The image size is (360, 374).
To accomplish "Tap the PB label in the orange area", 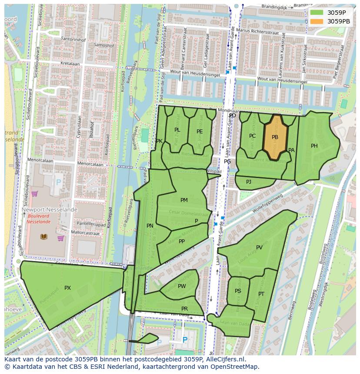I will click(x=275, y=137).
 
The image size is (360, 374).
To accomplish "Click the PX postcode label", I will click(x=67, y=288).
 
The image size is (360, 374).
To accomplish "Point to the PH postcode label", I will click(x=314, y=146).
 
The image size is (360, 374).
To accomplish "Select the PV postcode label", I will click(x=259, y=248).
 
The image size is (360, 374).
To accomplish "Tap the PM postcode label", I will click(x=184, y=200).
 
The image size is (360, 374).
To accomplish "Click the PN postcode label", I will click(x=150, y=226).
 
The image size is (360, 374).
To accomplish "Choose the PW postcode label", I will click(x=182, y=286).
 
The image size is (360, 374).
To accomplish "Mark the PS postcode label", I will click(x=238, y=291).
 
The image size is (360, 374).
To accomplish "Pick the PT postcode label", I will click(x=261, y=294).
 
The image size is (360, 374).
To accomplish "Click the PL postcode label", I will click(x=177, y=130).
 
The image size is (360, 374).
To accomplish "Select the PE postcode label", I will click(x=200, y=132).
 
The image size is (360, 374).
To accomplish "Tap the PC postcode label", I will click(x=252, y=136).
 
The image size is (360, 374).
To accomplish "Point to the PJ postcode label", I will click(x=249, y=182).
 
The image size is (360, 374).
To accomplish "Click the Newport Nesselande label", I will click(x=50, y=210).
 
